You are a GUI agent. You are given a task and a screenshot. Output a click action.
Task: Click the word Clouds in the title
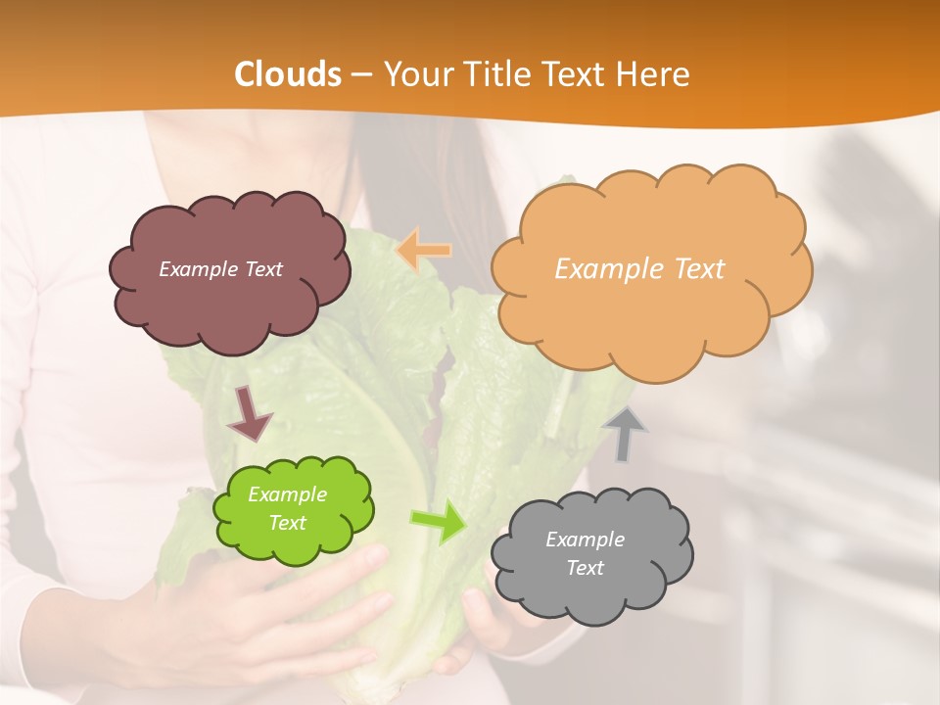[288, 74]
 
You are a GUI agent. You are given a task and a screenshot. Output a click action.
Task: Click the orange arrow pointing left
[423, 250]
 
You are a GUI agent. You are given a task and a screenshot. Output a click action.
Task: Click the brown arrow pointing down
[249, 413]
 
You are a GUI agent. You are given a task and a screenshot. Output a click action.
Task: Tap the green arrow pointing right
[438, 522]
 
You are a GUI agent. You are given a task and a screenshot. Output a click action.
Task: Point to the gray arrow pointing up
[625, 433]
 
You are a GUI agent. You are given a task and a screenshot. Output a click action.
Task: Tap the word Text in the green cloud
[287, 523]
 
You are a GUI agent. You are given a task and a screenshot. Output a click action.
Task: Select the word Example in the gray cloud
[585, 540]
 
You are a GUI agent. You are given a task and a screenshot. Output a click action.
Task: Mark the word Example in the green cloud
[287, 494]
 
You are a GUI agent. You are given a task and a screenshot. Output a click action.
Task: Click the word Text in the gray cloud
[585, 568]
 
